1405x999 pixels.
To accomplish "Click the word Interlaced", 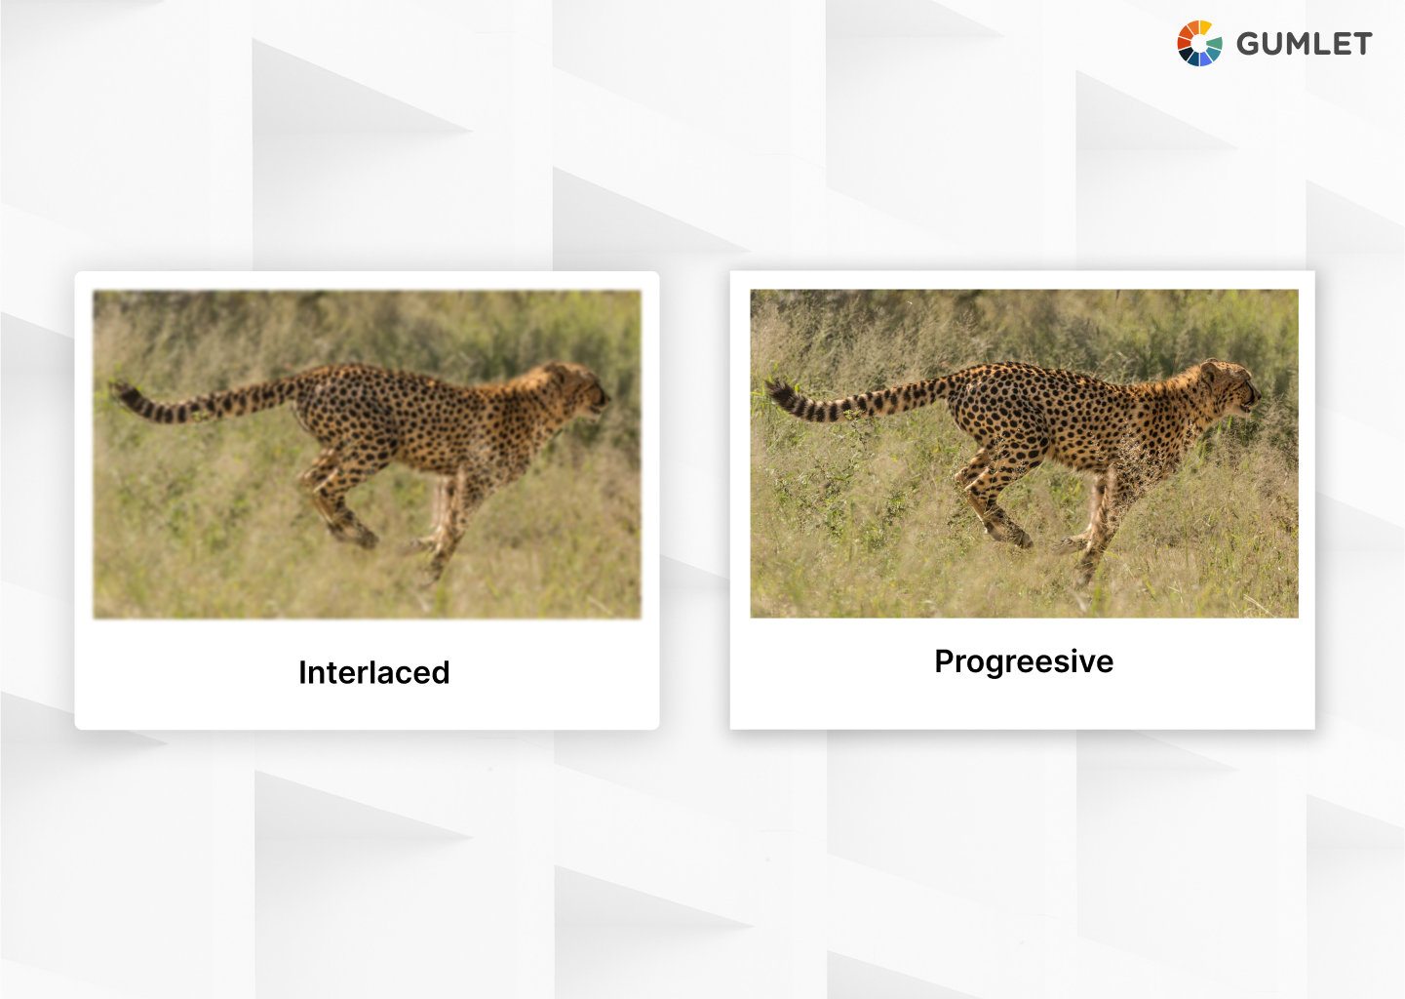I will coord(373,672).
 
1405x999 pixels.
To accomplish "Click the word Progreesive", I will coord(1024,661).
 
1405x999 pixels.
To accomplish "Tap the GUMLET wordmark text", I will coord(1304,44).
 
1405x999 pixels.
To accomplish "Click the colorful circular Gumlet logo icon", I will coord(1199,44).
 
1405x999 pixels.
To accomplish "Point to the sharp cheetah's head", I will coord(1228,384).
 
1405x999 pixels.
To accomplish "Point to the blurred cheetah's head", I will coord(575,387).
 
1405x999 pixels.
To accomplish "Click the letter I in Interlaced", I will coord(303,672).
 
